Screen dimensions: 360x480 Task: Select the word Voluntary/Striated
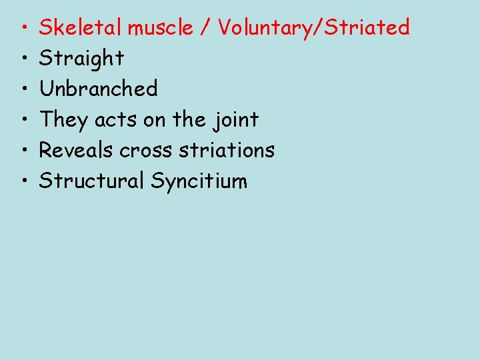pyautogui.click(x=313, y=27)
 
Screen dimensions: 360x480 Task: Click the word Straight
pyautogui.click(x=81, y=59)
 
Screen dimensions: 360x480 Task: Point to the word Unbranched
pyautogui.click(x=98, y=89)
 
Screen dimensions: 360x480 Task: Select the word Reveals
pyautogui.click(x=77, y=150)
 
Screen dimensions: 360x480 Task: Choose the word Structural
pyautogui.click(x=91, y=181)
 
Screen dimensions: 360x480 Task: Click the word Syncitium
pyautogui.click(x=199, y=181)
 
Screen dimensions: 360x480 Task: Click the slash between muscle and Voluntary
pyautogui.click(x=206, y=28)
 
